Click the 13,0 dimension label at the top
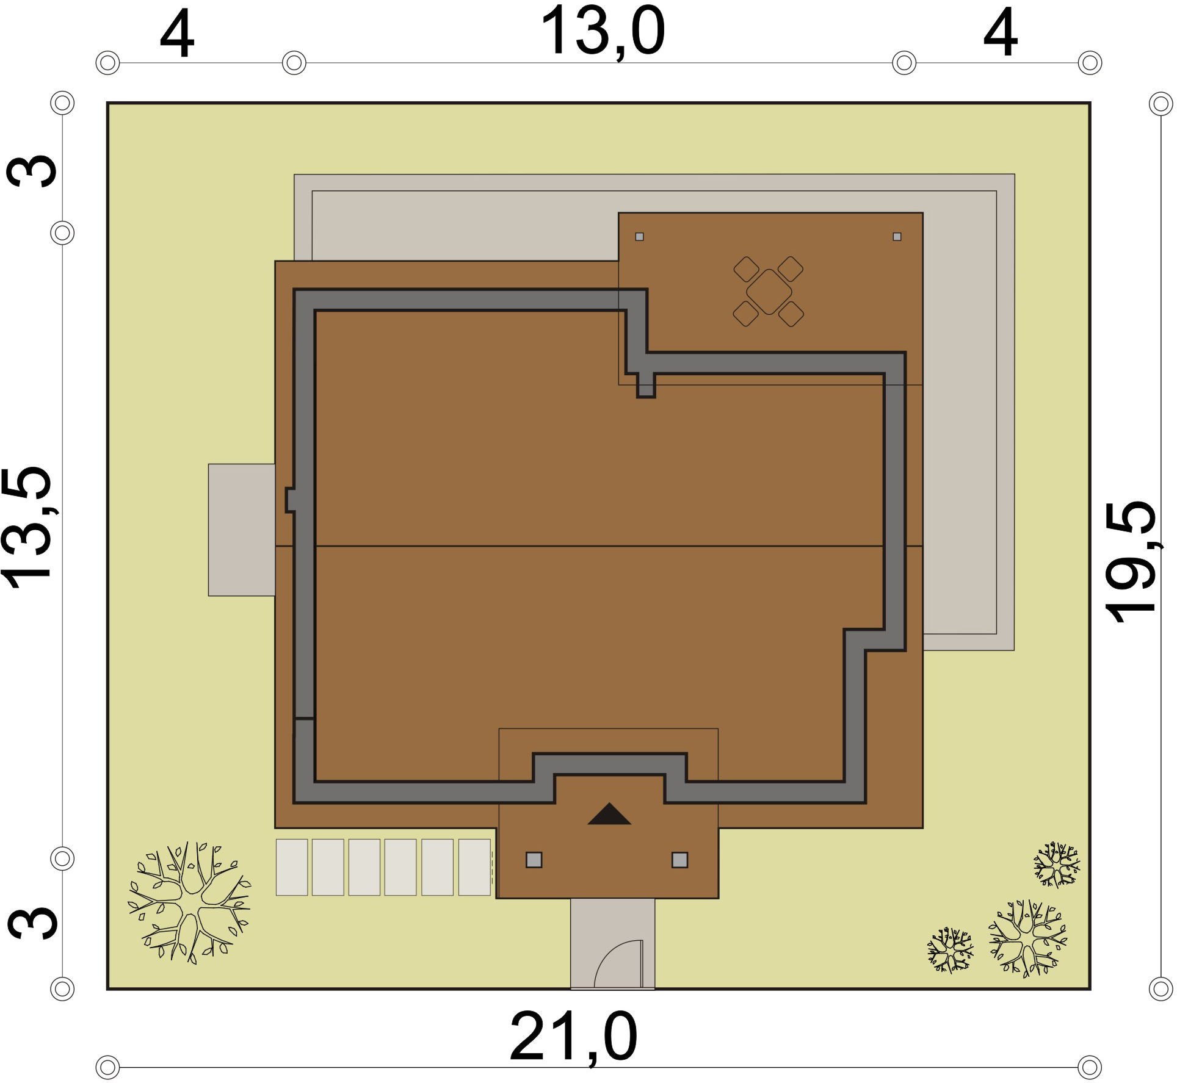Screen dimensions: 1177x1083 coord(603,32)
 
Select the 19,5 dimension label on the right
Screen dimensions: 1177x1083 coord(1131,561)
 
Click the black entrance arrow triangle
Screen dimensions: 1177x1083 coord(609,814)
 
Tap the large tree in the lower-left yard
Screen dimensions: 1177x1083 coord(189,902)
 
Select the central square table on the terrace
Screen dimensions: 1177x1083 coord(769,292)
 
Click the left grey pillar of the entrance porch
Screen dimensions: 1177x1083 coord(534,860)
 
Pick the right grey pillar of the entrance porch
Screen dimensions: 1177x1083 coord(680,860)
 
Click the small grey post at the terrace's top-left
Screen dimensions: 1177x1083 coord(639,237)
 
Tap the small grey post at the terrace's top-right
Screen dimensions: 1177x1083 coord(897,237)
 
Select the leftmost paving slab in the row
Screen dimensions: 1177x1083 coord(292,867)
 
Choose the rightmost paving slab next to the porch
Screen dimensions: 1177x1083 coord(474,867)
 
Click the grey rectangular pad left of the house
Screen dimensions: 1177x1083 coord(242,530)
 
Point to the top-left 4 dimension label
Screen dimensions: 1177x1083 coord(177,33)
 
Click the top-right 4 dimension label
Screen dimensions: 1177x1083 coord(1001,33)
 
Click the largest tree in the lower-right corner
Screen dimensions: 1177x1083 coord(1028,938)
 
